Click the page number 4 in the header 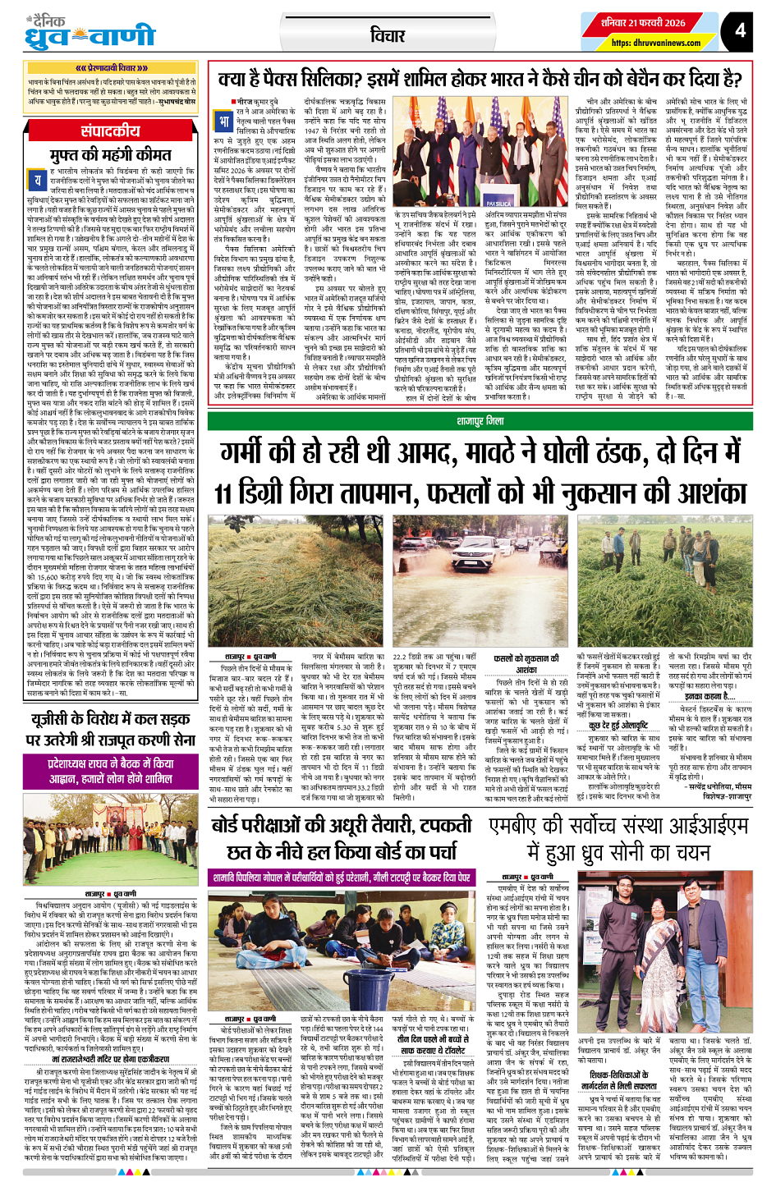741,30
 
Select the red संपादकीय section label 111,131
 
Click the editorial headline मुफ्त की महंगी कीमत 111,155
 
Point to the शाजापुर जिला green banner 480,421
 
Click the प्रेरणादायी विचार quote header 112,68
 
